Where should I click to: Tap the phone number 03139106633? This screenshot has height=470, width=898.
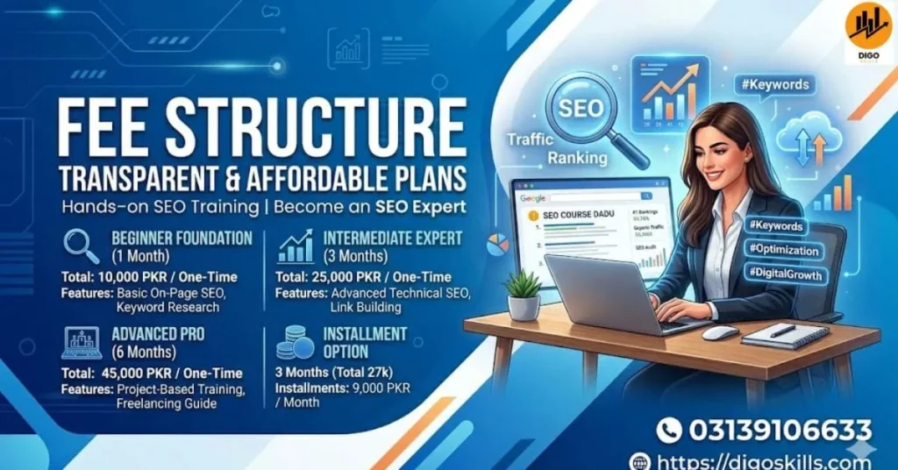[x=779, y=430]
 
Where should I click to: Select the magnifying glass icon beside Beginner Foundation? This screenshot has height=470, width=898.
[x=82, y=246]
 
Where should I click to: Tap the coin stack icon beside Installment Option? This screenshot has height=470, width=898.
[x=295, y=343]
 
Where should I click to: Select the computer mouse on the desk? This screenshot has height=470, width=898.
[x=720, y=333]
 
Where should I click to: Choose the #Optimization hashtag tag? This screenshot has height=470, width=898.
[x=783, y=250]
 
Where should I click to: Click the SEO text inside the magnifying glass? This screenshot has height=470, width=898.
[x=581, y=108]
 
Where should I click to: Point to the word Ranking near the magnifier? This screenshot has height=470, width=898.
[x=577, y=158]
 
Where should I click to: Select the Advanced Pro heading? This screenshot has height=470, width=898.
[x=158, y=334]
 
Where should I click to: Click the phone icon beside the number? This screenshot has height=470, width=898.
[x=669, y=430]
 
